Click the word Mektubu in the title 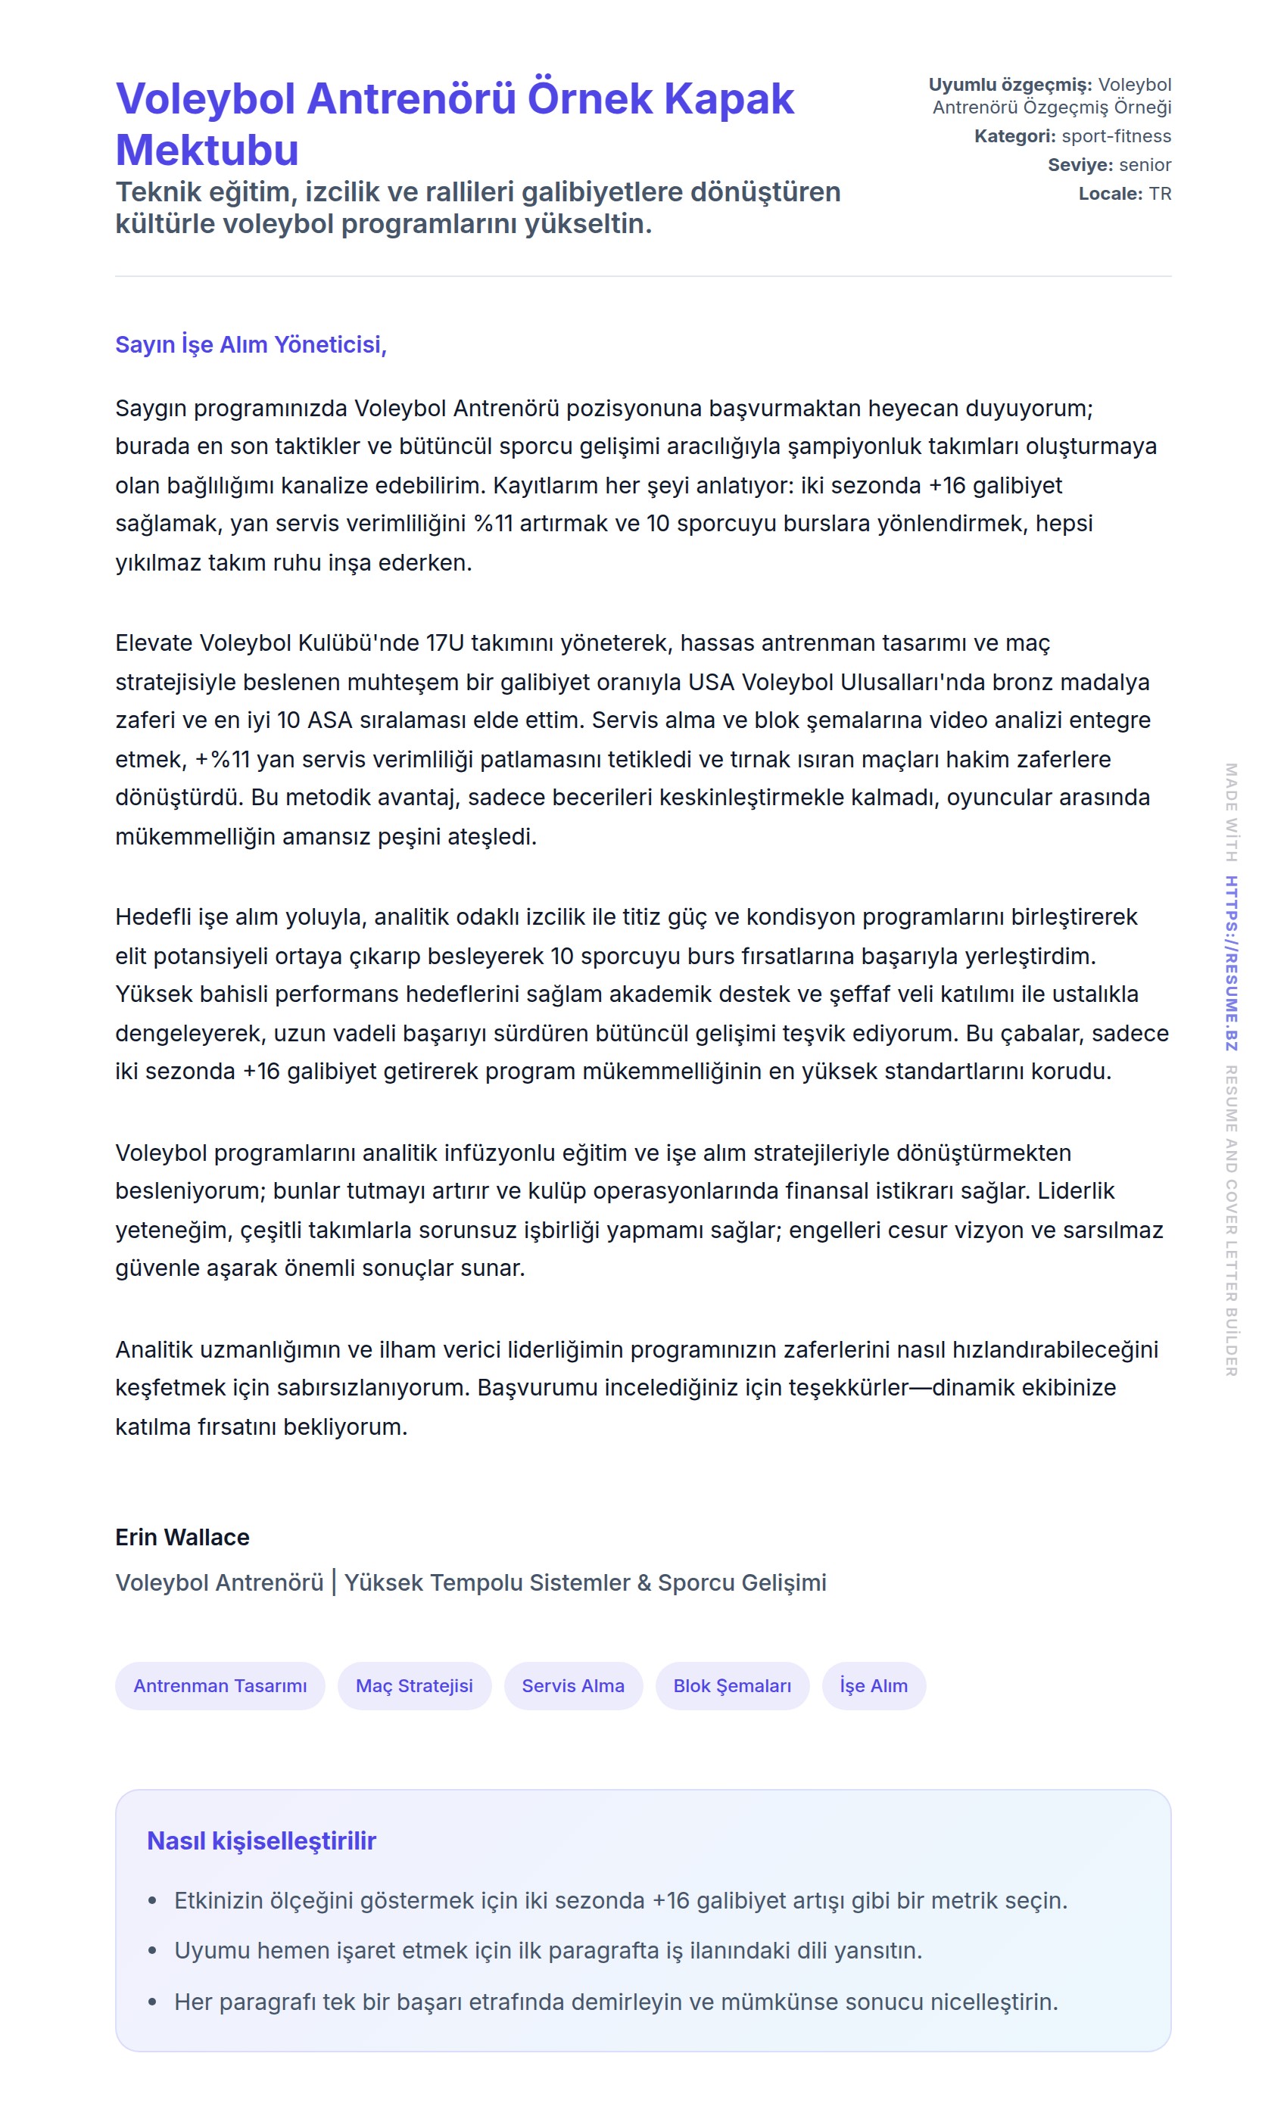point(207,150)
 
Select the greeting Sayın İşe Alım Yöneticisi point(250,345)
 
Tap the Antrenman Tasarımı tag point(220,1685)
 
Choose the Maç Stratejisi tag point(414,1685)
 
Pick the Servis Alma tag point(573,1685)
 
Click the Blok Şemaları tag point(731,1685)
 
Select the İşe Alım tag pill point(873,1685)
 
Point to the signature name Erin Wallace point(182,1537)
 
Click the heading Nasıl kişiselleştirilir point(261,1840)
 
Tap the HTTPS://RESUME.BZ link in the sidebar point(1231,963)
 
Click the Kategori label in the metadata point(1014,136)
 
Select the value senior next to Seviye point(1145,165)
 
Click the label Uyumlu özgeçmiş point(1009,85)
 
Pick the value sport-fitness point(1116,136)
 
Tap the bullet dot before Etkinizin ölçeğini point(153,1901)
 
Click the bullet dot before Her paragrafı point(153,2002)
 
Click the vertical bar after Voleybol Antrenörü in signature point(334,1582)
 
